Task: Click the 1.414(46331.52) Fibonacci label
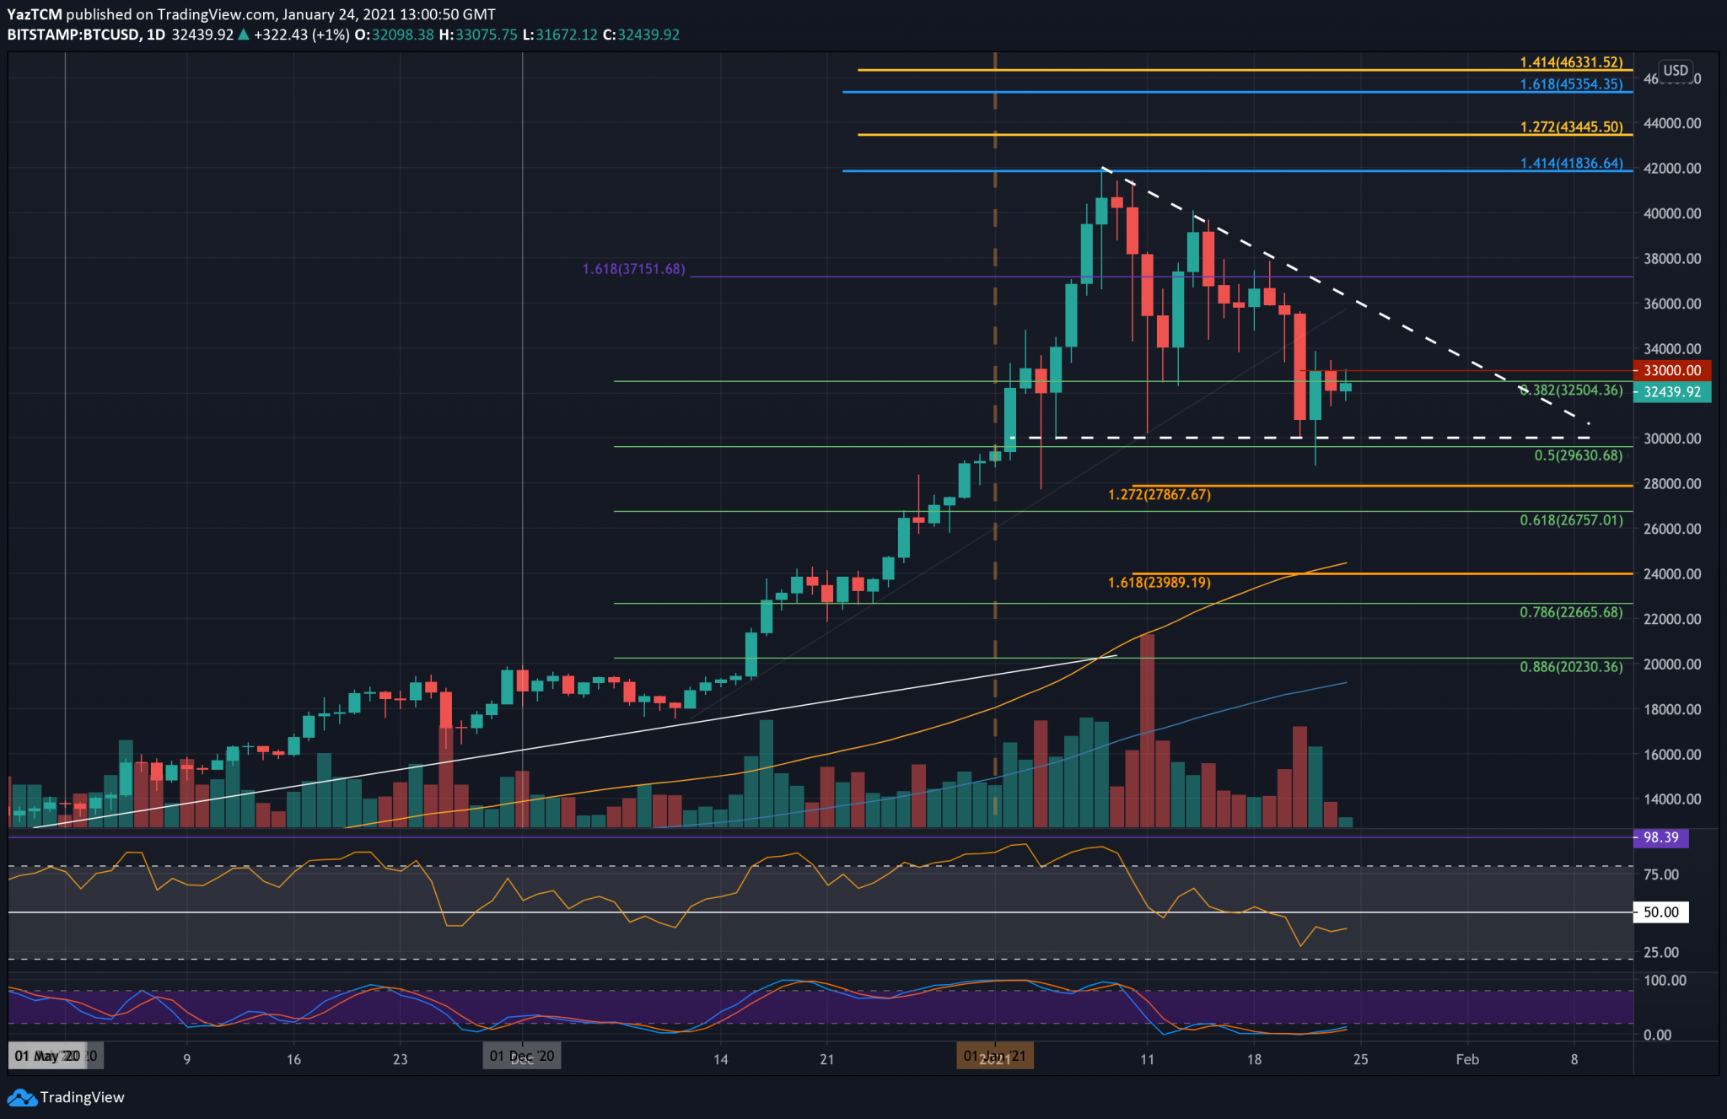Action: click(1570, 62)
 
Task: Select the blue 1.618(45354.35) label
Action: click(1570, 84)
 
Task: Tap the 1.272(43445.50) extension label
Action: click(1570, 127)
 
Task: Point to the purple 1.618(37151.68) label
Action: click(633, 269)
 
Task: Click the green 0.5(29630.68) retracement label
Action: click(1578, 455)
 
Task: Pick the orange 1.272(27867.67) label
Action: click(1159, 495)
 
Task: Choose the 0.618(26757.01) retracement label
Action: click(1570, 520)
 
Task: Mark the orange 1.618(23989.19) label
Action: click(1159, 583)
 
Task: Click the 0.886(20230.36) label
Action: click(1570, 667)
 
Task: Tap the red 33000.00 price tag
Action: click(1671, 370)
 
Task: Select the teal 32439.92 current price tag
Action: click(1671, 392)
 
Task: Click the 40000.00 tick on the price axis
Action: click(1671, 213)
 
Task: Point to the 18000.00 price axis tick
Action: click(1671, 709)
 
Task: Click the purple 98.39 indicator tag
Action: click(1660, 837)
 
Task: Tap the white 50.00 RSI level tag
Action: click(1660, 912)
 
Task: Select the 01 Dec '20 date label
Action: click(522, 1057)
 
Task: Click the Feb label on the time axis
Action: click(1466, 1059)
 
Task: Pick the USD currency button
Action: click(1675, 71)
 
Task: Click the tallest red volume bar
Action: click(1147, 729)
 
